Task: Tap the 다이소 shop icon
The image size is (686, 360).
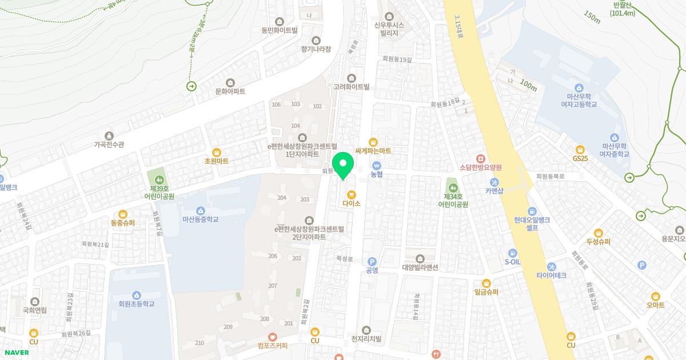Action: pyautogui.click(x=351, y=194)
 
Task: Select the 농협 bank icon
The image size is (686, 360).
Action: pyautogui.click(x=376, y=165)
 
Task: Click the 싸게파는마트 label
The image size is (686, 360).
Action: pyautogui.click(x=373, y=151)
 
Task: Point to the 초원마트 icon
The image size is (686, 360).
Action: pyautogui.click(x=217, y=152)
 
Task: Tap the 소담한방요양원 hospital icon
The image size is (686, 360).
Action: pyautogui.click(x=481, y=158)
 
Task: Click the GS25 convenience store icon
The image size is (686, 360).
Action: pyautogui.click(x=580, y=149)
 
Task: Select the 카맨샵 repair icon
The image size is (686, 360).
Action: pyautogui.click(x=494, y=182)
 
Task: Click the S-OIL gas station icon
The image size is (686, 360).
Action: pyautogui.click(x=513, y=253)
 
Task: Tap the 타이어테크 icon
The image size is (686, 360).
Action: pyautogui.click(x=551, y=266)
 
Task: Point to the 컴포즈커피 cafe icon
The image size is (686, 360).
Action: pyautogui.click(x=273, y=337)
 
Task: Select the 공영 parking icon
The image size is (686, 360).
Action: pyautogui.click(x=372, y=261)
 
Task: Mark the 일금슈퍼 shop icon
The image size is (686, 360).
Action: pyautogui.click(x=486, y=282)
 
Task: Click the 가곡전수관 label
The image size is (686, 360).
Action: pyautogui.click(x=109, y=145)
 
